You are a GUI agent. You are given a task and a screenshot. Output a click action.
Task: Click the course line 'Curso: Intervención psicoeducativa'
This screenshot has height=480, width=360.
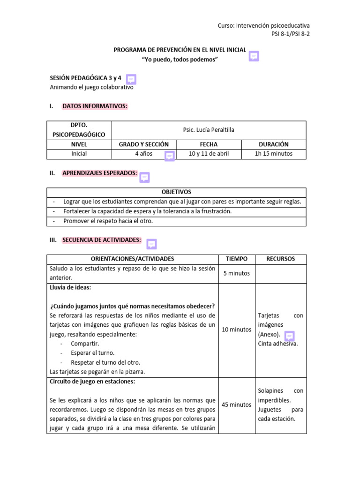click(263, 25)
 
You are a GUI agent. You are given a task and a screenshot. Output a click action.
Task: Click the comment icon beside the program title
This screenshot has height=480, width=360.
click(254, 56)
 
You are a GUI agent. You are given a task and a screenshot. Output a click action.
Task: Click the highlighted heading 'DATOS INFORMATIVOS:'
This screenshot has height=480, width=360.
click(95, 106)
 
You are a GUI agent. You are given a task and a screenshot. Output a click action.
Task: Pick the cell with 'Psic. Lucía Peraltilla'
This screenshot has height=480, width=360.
click(209, 130)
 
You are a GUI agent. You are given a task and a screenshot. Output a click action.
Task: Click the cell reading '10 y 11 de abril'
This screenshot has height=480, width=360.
click(209, 154)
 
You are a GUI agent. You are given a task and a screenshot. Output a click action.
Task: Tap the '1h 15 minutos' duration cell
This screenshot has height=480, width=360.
click(273, 154)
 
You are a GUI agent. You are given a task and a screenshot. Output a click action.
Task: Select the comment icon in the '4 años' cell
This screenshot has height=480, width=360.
click(170, 156)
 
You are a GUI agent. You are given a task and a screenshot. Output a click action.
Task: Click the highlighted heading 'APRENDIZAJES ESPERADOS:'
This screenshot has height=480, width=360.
click(100, 173)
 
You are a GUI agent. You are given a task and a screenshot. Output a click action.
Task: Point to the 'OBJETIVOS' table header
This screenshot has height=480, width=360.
click(176, 192)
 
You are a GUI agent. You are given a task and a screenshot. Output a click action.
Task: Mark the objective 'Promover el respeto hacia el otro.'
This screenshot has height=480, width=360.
click(108, 221)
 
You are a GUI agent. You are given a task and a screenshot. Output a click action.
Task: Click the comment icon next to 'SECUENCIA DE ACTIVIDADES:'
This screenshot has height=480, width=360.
click(151, 244)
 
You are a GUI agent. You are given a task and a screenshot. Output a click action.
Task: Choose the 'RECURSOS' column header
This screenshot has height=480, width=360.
click(280, 259)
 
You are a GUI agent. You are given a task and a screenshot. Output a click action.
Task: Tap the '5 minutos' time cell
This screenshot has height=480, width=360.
click(236, 273)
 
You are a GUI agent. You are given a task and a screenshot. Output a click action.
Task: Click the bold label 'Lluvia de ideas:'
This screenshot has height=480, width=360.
click(71, 287)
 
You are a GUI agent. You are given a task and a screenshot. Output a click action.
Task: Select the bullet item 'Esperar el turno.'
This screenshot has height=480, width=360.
click(92, 353)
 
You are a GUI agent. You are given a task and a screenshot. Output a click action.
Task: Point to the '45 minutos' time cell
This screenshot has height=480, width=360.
click(236, 405)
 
